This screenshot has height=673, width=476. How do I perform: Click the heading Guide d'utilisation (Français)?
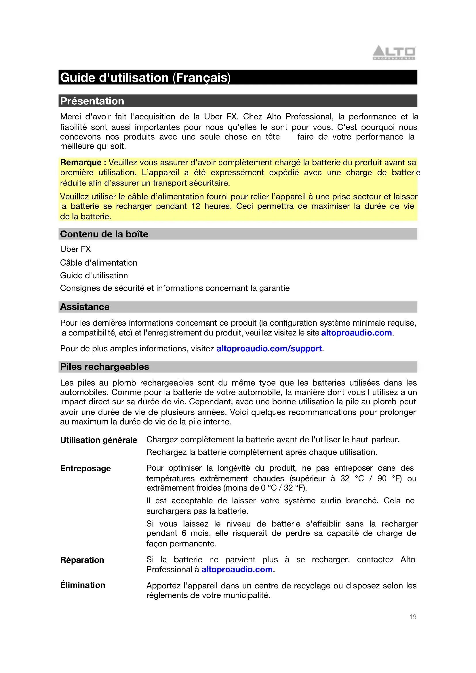click(145, 78)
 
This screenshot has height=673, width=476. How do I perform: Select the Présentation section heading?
click(92, 101)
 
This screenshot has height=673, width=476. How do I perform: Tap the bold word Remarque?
click(81, 162)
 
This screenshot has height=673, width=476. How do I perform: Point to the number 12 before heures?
click(195, 206)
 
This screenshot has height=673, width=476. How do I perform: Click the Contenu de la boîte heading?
click(104, 234)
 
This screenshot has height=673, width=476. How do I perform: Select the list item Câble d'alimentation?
click(99, 263)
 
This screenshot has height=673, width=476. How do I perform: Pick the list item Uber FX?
click(75, 249)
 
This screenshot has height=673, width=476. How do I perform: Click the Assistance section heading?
click(85, 307)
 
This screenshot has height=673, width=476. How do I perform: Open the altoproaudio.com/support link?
click(269, 348)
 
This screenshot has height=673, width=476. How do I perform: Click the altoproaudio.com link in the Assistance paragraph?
click(356, 333)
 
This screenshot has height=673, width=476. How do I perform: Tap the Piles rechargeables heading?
click(104, 367)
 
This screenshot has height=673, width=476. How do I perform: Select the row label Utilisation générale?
click(98, 440)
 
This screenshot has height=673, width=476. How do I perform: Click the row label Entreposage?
click(85, 468)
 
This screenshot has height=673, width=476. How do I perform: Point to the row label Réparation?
click(82, 560)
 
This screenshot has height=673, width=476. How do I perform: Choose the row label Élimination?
click(82, 585)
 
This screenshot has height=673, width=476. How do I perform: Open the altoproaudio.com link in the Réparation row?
click(237, 569)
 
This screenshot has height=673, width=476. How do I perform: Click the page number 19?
click(413, 617)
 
